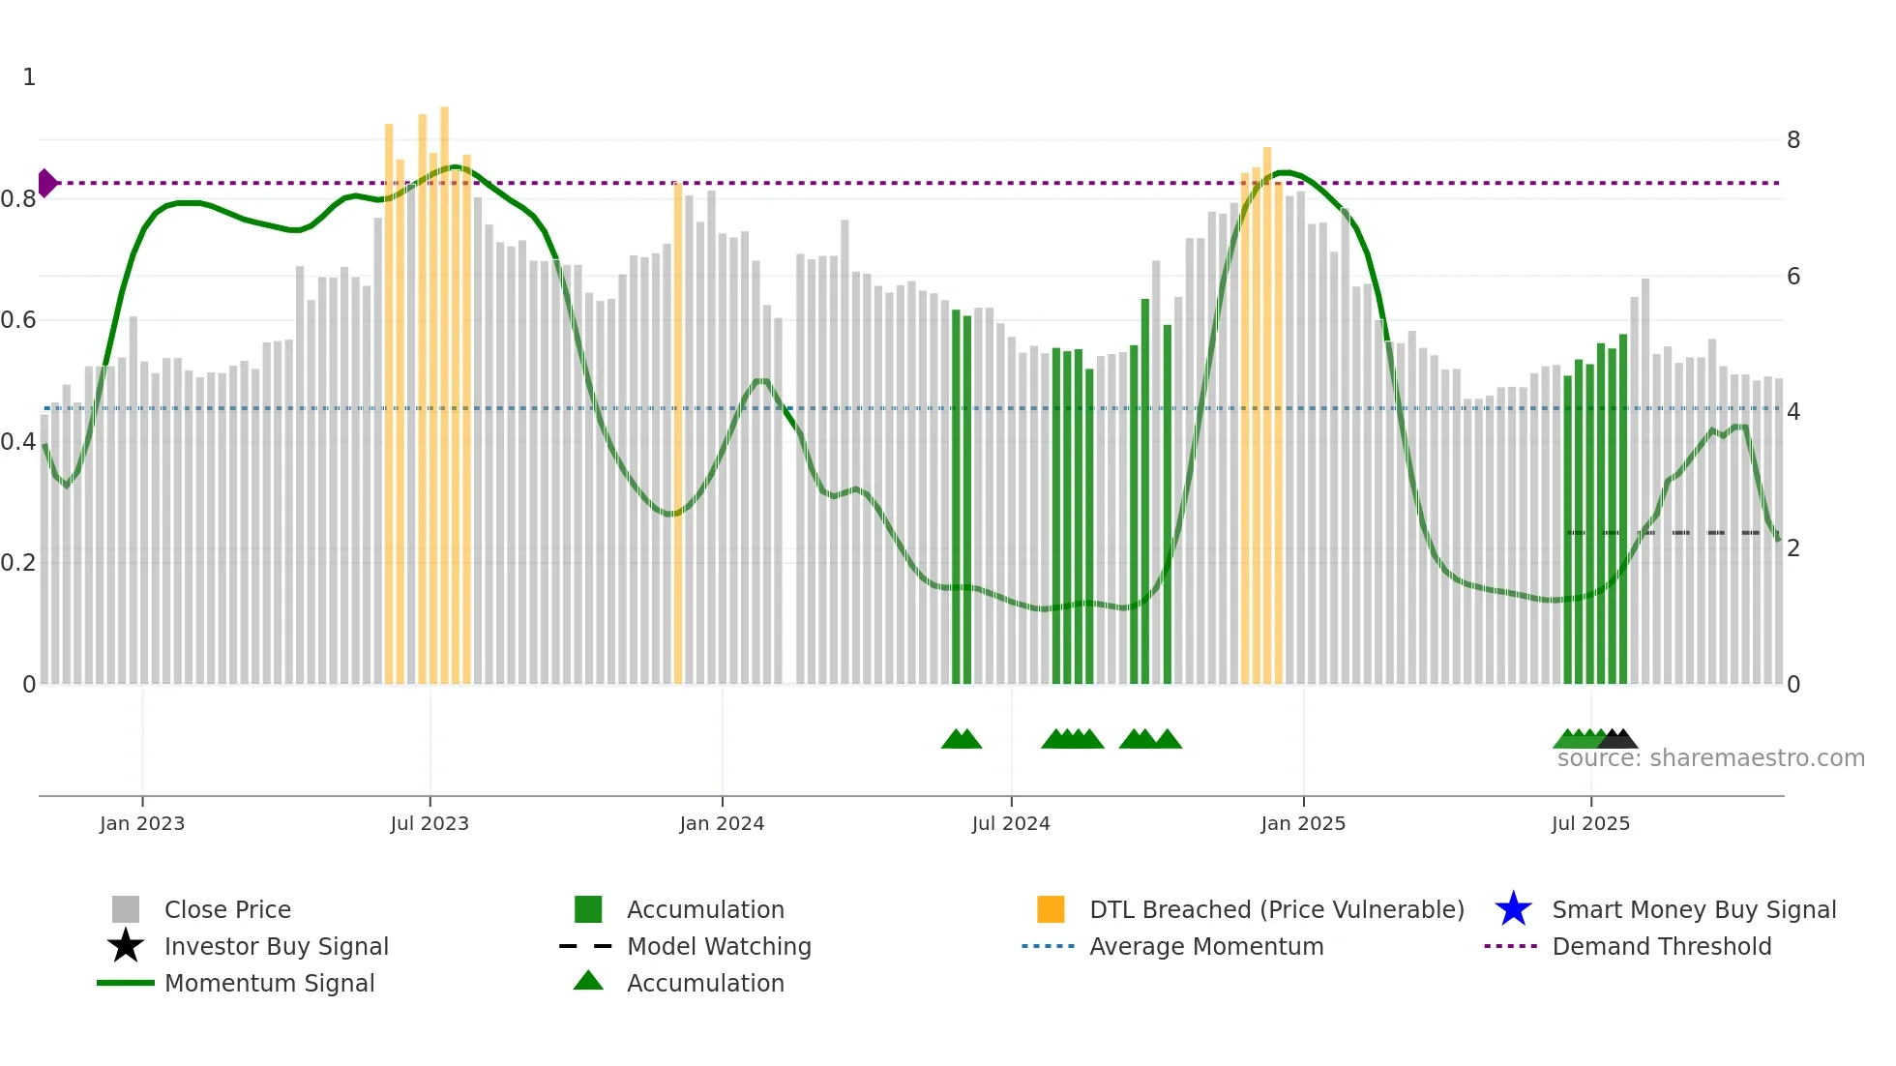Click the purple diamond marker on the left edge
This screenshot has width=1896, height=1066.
(46, 183)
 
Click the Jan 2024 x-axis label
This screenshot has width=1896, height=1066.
(722, 823)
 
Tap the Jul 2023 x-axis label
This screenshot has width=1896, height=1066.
(430, 823)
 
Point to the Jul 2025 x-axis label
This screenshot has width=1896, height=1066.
(1590, 823)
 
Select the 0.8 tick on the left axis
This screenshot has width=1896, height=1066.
(18, 199)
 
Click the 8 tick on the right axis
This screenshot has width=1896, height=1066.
(1792, 140)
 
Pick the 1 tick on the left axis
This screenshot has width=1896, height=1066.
(29, 77)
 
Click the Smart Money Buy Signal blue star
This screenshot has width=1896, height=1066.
(1513, 909)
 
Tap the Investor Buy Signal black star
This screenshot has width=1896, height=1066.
(126, 946)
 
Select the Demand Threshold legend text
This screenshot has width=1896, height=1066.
(1661, 946)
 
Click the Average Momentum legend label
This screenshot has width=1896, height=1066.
(1205, 946)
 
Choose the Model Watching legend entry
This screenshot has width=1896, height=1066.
(718, 946)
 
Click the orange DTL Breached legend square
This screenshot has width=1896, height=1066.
(1051, 909)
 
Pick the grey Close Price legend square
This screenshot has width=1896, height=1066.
(126, 909)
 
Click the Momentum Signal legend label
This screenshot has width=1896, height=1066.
(269, 983)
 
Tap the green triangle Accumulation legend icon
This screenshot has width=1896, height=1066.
(588, 981)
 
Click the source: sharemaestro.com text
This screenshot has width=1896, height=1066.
(1710, 758)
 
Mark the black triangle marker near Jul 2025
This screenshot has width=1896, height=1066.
(1619, 740)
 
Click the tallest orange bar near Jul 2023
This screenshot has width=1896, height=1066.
(444, 387)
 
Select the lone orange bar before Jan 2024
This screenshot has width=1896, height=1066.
(678, 435)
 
